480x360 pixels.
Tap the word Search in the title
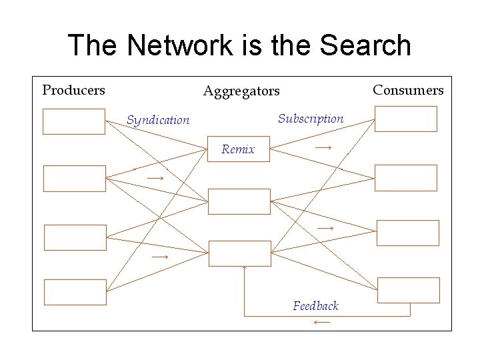(x=365, y=45)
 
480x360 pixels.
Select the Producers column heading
(x=74, y=89)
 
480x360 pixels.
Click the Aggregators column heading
(x=241, y=91)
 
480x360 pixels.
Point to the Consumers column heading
(x=408, y=89)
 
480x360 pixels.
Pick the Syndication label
(x=158, y=120)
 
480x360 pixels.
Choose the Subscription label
(x=311, y=119)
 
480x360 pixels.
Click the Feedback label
(x=315, y=306)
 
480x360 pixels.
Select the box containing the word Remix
(x=239, y=149)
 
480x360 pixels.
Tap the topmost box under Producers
(x=74, y=121)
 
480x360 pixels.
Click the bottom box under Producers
(x=75, y=292)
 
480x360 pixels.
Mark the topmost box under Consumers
(x=405, y=119)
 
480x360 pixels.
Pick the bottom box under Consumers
(x=409, y=290)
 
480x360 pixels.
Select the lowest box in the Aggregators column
(x=240, y=253)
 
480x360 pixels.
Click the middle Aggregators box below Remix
(x=239, y=201)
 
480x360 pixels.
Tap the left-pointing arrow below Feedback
(x=321, y=323)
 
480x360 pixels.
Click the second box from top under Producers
(x=74, y=178)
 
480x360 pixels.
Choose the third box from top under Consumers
(x=409, y=233)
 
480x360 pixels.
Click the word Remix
(x=238, y=149)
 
